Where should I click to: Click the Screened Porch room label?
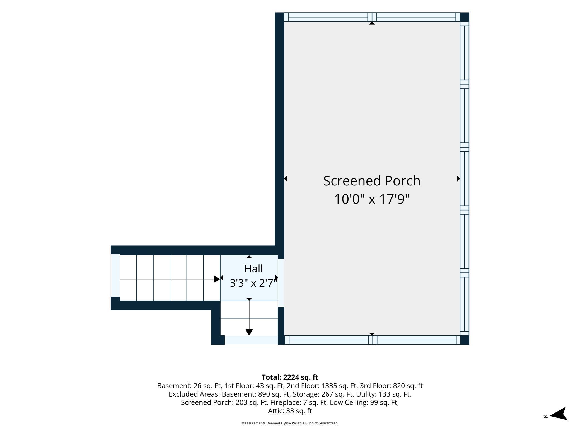click(372, 181)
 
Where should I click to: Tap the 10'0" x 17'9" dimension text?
click(372, 199)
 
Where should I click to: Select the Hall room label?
click(253, 269)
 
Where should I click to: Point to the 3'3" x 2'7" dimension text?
click(253, 283)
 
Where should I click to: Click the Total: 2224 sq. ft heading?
click(290, 377)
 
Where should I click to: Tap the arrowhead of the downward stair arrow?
click(249, 332)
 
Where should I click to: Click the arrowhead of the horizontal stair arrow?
click(217, 279)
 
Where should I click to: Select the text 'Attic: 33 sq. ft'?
click(290, 411)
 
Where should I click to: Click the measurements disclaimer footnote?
click(290, 423)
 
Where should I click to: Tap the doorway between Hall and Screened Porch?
click(281, 283)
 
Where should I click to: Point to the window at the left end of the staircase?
click(115, 275)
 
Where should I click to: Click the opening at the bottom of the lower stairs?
click(251, 340)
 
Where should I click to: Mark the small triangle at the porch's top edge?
click(372, 23)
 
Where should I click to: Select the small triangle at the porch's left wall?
click(286, 178)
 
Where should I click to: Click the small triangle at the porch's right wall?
click(458, 178)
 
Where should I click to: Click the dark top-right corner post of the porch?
click(465, 17)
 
